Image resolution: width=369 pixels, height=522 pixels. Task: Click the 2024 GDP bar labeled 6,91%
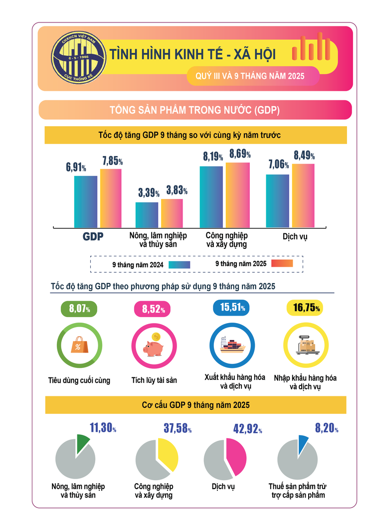point(86,201)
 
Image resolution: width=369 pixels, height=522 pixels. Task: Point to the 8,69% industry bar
point(238,194)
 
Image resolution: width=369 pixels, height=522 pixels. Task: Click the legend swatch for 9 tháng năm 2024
point(180,265)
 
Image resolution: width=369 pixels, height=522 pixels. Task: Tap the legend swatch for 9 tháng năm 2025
point(281,263)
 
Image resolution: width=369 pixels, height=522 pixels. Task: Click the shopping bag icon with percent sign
point(79,345)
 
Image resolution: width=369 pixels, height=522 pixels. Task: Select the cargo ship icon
point(231,344)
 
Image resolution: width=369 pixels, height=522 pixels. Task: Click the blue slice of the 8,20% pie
point(302,441)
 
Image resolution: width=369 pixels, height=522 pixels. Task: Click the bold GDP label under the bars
point(93,237)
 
